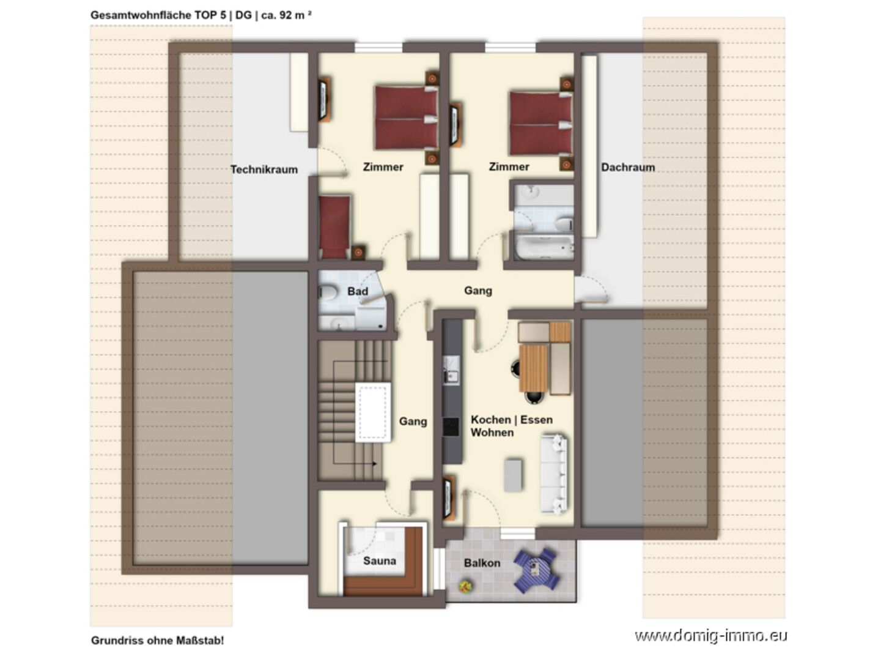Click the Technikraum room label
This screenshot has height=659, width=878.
coord(264,169)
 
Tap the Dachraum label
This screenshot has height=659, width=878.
coord(628,167)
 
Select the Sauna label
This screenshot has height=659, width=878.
coord(380,560)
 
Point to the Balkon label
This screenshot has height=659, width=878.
coord(482,563)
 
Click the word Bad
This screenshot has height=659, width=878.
coord(358,291)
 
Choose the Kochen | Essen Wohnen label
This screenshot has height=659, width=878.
coord(512,426)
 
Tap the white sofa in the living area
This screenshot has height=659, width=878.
coord(553,474)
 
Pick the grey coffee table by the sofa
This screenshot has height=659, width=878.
coord(513,475)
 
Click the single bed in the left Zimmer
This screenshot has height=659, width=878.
coord(334,227)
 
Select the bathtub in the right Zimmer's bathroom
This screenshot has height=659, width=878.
coord(544,247)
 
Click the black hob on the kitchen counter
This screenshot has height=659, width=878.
coord(451,426)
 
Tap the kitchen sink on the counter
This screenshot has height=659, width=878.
coord(452,371)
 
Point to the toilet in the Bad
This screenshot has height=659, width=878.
coord(328,292)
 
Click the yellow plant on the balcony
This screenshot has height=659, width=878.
coord(465,587)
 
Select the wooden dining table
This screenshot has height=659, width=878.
coord(533,368)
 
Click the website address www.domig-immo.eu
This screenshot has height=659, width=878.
coord(711,636)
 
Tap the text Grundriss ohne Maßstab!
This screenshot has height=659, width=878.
coord(158,641)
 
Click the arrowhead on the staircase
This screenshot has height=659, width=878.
coord(375,464)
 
